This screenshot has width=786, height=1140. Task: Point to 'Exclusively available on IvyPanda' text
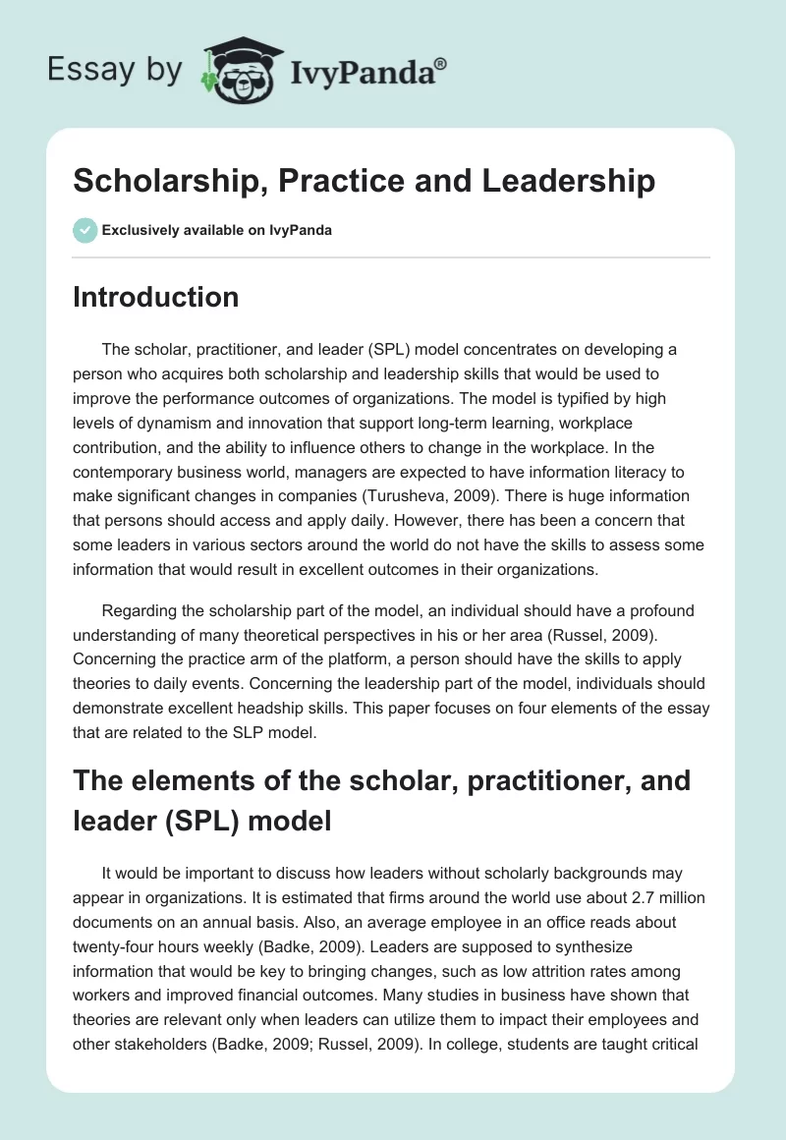(217, 231)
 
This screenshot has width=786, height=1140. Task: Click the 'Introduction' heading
(155, 297)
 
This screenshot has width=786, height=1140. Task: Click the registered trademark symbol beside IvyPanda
(441, 63)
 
